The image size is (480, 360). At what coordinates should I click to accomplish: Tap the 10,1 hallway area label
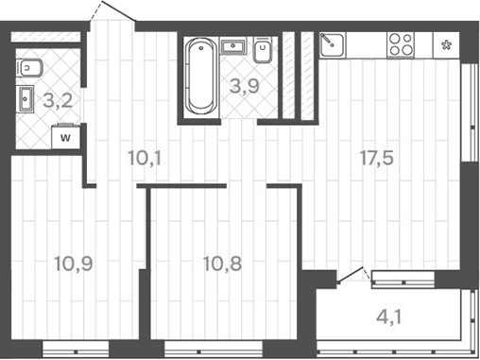pyautogui.click(x=144, y=157)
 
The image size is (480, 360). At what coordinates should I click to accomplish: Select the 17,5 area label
pyautogui.click(x=374, y=157)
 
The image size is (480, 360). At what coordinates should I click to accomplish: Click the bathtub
pyautogui.click(x=198, y=76)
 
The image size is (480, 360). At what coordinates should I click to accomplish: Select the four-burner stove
pyautogui.click(x=400, y=43)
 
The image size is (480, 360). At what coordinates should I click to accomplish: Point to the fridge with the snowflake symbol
pyautogui.click(x=445, y=43)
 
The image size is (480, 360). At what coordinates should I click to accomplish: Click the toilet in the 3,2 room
pyautogui.click(x=28, y=66)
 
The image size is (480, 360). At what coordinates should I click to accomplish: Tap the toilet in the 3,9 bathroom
pyautogui.click(x=266, y=49)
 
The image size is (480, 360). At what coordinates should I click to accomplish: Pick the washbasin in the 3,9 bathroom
pyautogui.click(x=232, y=44)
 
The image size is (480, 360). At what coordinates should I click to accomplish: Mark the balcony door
pyautogui.click(x=351, y=277)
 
